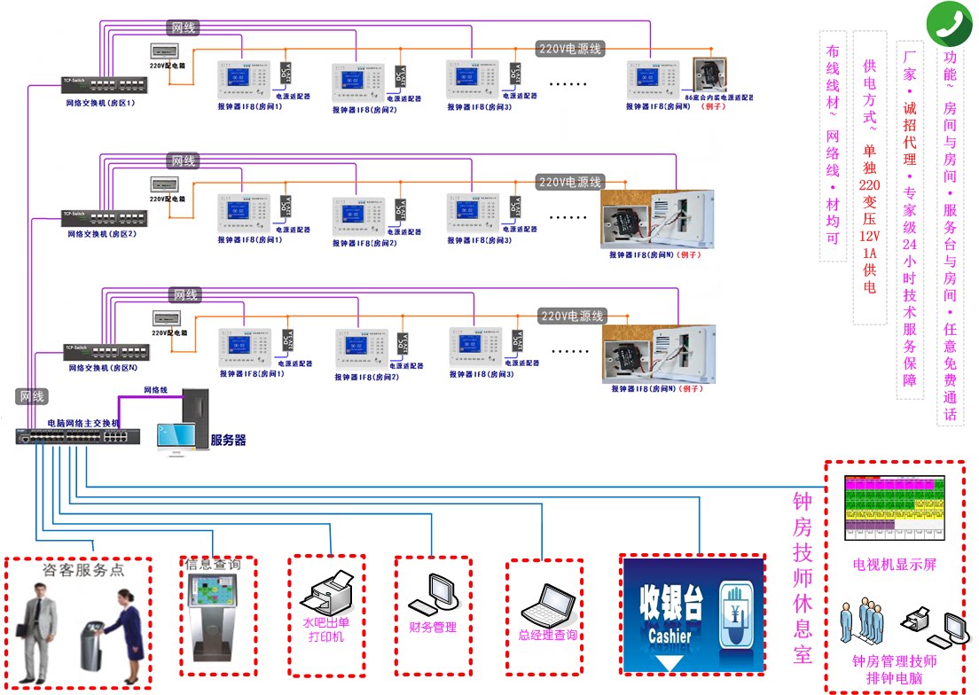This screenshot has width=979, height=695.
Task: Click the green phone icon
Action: tap(950, 24)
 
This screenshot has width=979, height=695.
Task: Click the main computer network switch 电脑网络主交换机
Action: tap(76, 436)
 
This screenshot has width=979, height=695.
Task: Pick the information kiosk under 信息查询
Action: tap(214, 611)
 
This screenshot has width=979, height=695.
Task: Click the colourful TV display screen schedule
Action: tap(896, 506)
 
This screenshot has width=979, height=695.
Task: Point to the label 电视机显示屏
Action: tap(894, 565)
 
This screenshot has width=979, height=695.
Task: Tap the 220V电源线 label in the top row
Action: tap(569, 49)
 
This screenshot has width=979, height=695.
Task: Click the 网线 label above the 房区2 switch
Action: tap(184, 161)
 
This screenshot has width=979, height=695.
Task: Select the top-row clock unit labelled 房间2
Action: tap(356, 81)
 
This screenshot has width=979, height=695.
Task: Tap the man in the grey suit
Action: tap(35, 629)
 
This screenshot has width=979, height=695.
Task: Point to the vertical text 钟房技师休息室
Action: tap(802, 576)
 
